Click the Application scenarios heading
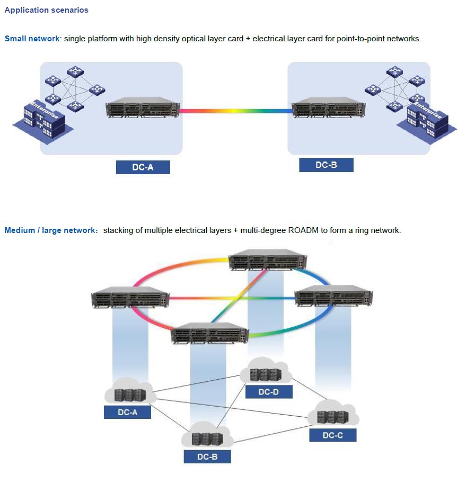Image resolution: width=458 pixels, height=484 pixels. point(47,10)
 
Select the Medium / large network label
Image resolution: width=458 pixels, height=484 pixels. point(49,230)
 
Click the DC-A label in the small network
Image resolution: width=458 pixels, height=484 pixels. point(143,167)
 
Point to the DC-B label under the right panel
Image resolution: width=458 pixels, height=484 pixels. point(326,165)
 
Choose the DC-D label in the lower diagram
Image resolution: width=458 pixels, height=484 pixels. point(269,392)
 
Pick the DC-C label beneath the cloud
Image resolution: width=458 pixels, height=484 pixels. point(333,435)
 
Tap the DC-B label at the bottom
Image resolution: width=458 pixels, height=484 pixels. point(207,456)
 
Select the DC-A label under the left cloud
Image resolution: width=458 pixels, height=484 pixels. point(127,412)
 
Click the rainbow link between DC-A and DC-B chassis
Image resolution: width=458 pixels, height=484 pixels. point(236,111)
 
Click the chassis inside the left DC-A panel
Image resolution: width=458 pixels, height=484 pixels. point(142,108)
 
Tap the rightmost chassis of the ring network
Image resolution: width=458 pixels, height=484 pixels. point(333,297)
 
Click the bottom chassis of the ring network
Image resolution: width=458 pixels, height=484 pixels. point(210,334)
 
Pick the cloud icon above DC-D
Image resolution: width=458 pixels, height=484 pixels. point(266,372)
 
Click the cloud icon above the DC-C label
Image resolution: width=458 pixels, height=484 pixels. point(333,414)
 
